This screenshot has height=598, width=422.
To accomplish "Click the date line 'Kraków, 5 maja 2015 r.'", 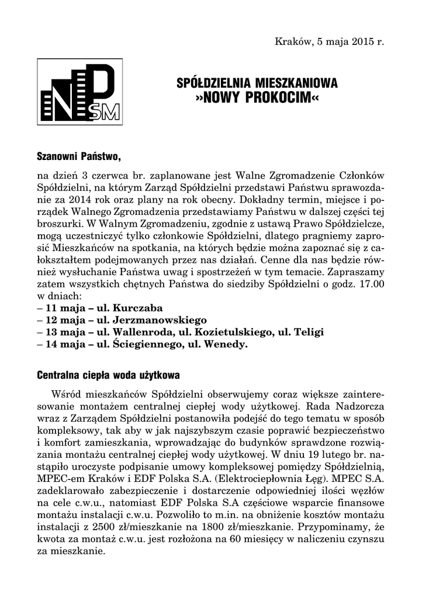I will pyautogui.click(x=329, y=42).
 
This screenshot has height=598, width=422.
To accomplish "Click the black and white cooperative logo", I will pyautogui.click(x=79, y=92).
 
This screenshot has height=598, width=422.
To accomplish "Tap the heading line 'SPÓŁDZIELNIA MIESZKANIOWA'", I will pyautogui.click(x=257, y=84).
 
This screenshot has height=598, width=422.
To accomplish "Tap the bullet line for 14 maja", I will pyautogui.click(x=142, y=345).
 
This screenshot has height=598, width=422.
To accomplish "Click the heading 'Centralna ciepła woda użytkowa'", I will pyautogui.click(x=108, y=374).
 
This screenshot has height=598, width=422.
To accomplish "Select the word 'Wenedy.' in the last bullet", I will pyautogui.click(x=228, y=345).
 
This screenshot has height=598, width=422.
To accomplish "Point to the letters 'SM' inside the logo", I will pyautogui.click(x=108, y=111).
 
